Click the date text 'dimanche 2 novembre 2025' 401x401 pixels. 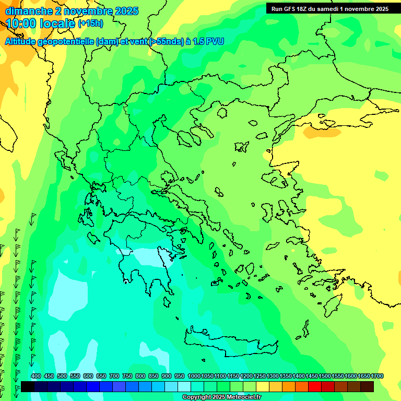[72, 11]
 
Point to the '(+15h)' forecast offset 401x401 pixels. [90, 23]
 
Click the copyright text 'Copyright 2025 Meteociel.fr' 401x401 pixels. [221, 397]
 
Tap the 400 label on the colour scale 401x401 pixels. [36, 376]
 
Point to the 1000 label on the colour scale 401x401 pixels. [194, 376]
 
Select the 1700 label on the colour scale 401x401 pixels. [377, 376]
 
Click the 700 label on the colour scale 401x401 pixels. [114, 376]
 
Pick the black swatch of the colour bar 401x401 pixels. [28, 386]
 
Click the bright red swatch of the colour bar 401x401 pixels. [314, 386]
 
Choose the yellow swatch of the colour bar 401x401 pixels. [263, 386]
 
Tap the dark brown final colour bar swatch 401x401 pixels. [367, 386]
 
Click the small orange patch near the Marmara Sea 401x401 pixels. [320, 132]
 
